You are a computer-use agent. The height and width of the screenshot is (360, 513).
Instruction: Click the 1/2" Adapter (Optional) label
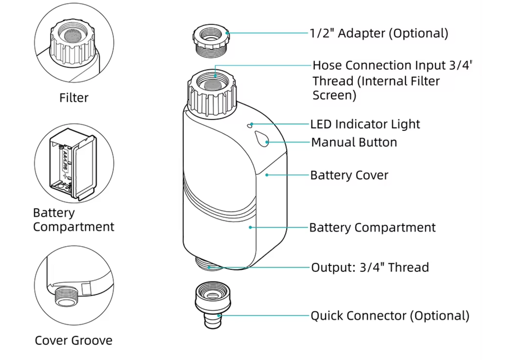(x=378, y=33)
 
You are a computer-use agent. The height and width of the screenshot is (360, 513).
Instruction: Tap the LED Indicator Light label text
(x=365, y=124)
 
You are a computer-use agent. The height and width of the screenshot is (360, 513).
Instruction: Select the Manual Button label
(x=354, y=142)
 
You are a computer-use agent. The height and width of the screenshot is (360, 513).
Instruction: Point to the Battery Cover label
(x=349, y=175)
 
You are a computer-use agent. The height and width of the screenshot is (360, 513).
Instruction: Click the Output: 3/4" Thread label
(x=370, y=267)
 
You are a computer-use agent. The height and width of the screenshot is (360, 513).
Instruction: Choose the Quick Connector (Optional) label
(x=390, y=316)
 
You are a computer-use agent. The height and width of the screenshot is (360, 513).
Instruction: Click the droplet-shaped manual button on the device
(x=262, y=138)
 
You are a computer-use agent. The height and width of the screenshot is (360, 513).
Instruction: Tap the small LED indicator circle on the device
(x=250, y=126)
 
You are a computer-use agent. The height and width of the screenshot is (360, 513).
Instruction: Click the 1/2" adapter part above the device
(x=212, y=40)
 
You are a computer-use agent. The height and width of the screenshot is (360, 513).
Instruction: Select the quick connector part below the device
(x=213, y=304)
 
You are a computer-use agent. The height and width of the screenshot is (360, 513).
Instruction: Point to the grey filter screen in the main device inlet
(x=212, y=85)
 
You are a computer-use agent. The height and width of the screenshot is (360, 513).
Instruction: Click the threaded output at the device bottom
(x=209, y=264)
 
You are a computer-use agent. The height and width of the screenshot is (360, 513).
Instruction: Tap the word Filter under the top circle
(x=74, y=98)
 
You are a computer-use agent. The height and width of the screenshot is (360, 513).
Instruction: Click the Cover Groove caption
(x=73, y=340)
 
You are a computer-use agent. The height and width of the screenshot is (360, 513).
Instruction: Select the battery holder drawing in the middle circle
(x=73, y=164)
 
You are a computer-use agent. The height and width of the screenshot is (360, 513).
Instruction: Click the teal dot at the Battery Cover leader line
(x=267, y=175)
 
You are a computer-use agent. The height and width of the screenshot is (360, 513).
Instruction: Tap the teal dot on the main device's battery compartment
(x=250, y=227)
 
